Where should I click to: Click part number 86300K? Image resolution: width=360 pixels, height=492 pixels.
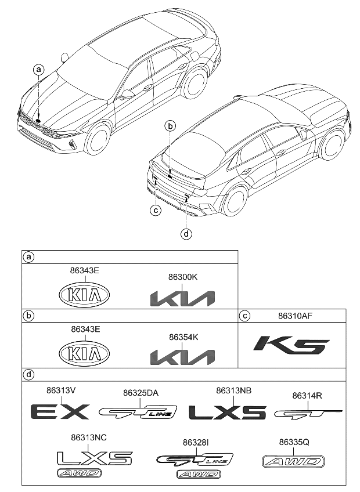pos(182,277)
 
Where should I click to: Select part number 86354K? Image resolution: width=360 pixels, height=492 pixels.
pos(182,337)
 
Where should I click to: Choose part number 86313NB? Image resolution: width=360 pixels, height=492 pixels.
pos(233,390)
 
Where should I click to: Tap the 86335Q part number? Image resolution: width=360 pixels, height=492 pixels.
pos(294,442)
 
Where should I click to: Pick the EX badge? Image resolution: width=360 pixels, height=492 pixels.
pos(59,412)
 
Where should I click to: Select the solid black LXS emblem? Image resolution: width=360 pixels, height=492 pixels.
pos(227,412)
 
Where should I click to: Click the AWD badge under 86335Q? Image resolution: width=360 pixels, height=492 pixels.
pos(291,462)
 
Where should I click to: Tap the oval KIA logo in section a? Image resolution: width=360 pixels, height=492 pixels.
pos(85,295)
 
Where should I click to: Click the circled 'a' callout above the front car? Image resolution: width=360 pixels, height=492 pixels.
pos(39,70)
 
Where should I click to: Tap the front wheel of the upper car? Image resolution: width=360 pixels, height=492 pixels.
pos(99,140)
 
